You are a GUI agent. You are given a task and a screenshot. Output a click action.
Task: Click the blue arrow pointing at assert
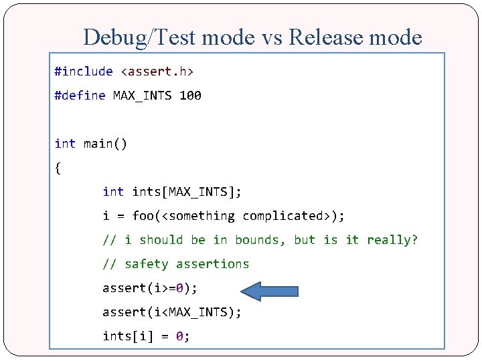pyautogui.click(x=269, y=290)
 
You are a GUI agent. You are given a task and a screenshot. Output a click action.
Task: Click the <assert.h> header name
pyautogui.click(x=161, y=72)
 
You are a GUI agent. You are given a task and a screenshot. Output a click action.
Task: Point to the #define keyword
pyautogui.click(x=80, y=96)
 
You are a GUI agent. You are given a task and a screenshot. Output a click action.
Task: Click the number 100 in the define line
pyautogui.click(x=191, y=96)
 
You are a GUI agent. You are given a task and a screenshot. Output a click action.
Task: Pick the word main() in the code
pyautogui.click(x=105, y=144)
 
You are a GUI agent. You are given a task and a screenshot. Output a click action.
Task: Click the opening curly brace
pyautogui.click(x=58, y=168)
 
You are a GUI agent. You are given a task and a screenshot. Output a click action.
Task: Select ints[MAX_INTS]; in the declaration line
pyautogui.click(x=187, y=192)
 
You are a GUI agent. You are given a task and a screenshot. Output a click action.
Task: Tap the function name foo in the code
pyautogui.click(x=143, y=216)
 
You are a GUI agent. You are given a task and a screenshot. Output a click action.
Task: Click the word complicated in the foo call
pyautogui.click(x=283, y=216)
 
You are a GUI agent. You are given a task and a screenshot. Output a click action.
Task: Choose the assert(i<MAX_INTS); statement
pyautogui.click(x=172, y=312)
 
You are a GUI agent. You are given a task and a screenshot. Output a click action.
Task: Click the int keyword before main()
pyautogui.click(x=65, y=144)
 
